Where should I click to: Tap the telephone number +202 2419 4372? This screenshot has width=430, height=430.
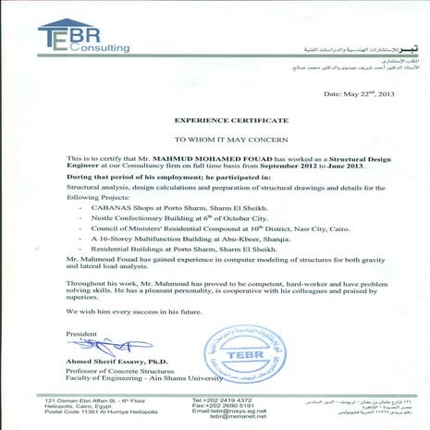[x=221, y=400]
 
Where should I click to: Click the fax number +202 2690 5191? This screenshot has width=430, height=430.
[x=221, y=407]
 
